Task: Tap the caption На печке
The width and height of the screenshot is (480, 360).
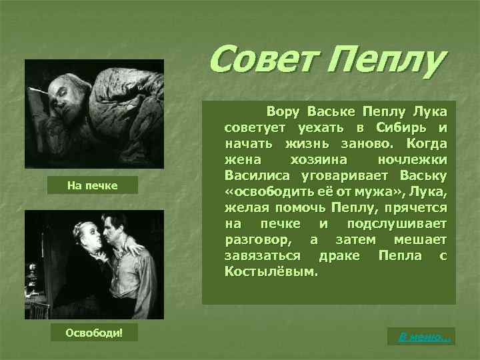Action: (x=93, y=185)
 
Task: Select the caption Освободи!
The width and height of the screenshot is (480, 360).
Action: (x=93, y=333)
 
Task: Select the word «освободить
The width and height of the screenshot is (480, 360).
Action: (x=265, y=193)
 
